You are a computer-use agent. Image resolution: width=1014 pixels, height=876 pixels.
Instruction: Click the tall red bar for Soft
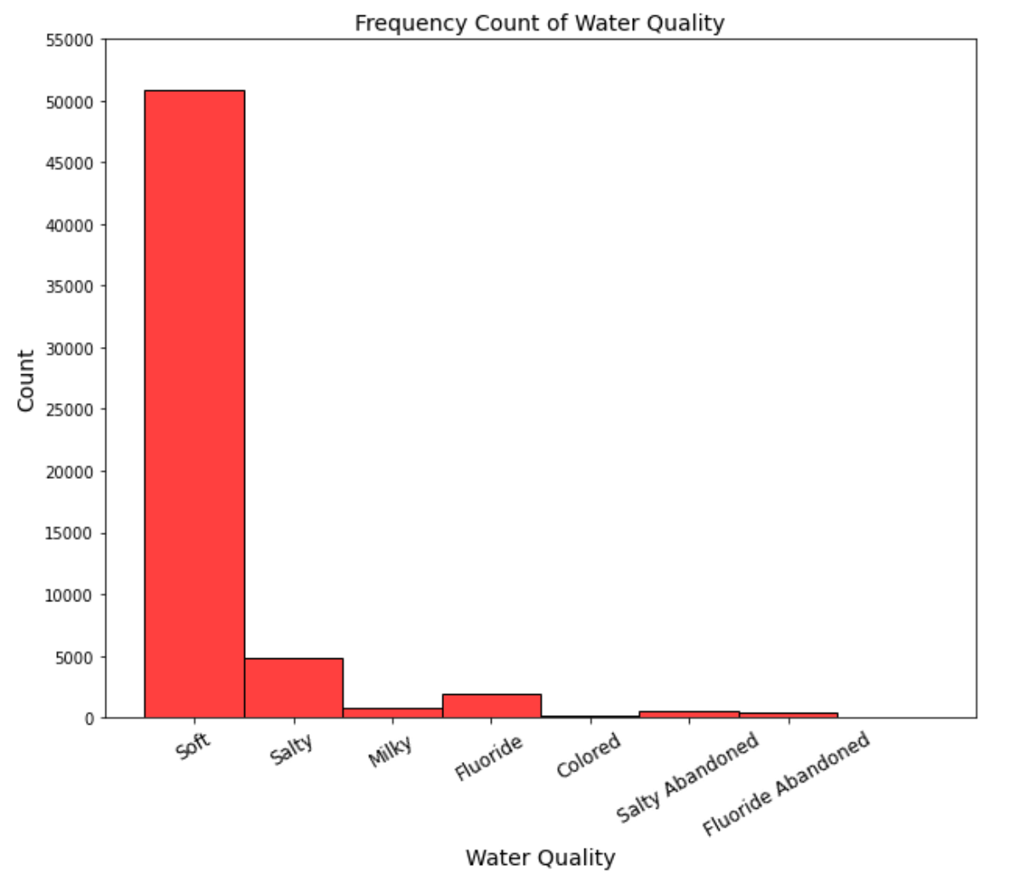194,404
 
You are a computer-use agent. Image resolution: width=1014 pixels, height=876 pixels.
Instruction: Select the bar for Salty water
293,688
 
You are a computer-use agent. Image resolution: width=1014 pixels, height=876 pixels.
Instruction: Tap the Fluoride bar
492,706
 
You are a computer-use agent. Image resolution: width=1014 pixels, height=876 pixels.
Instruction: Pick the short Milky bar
392,713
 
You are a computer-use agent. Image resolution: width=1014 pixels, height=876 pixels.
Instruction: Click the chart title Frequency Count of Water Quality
539,23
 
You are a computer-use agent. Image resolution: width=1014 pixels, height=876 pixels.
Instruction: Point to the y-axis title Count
26,379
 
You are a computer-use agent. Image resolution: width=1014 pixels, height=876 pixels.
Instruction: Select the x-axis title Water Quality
540,857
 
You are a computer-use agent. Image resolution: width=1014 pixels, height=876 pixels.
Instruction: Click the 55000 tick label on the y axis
70,40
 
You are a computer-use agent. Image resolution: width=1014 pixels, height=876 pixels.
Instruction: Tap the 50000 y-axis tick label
70,102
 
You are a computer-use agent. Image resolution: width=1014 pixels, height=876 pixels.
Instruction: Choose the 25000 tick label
70,410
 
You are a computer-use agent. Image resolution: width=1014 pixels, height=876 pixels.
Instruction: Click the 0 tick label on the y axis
88,719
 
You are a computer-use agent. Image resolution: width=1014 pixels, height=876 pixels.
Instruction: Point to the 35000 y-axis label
70,287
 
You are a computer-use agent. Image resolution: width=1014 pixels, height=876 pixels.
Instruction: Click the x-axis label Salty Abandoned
687,777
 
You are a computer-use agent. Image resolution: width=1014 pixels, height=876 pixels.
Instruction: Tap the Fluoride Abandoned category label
786,783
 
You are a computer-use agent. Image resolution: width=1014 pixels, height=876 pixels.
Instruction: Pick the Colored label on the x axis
589,755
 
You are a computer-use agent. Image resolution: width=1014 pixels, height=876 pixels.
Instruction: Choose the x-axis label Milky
390,751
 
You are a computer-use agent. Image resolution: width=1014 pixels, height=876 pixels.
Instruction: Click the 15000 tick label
70,533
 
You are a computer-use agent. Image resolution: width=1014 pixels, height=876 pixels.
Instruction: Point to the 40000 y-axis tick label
70,225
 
